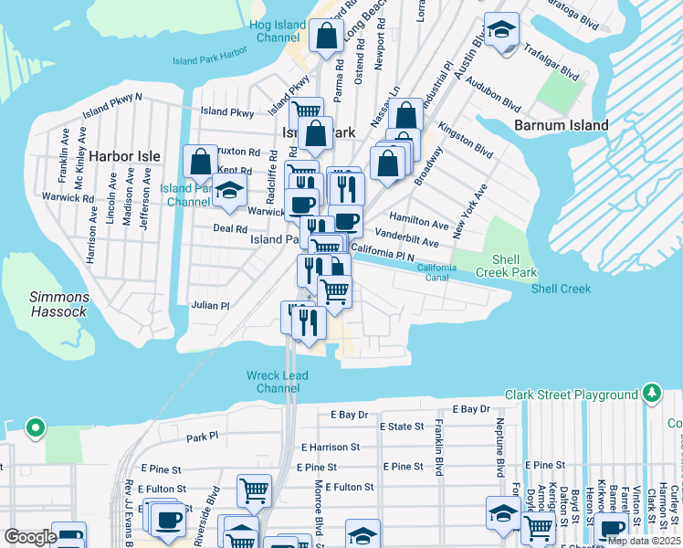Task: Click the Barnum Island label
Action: pos(561,125)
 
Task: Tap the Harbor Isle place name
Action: pos(124,156)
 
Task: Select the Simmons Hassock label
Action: pos(59,304)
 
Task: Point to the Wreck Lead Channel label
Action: pos(277,382)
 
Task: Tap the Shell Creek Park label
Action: pos(505,267)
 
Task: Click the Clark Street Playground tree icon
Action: pos(651,394)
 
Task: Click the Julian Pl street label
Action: pos(210,306)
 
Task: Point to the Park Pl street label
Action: pos(203,437)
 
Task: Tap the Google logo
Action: pos(30,537)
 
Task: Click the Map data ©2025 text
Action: pos(643,541)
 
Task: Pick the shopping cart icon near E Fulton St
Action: pos(254,490)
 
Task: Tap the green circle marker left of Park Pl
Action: pos(35,427)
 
